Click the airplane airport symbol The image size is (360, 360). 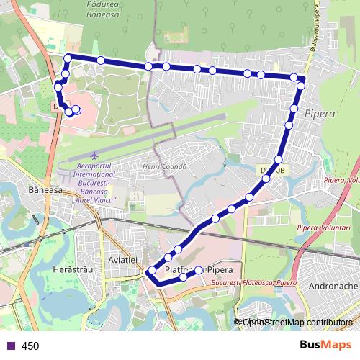point(95,155)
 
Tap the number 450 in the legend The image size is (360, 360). point(30,346)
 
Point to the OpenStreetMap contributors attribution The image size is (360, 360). point(296,322)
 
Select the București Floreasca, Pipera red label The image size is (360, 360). point(254,283)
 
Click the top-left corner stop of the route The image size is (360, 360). point(68,58)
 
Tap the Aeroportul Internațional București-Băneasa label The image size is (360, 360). point(96,184)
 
